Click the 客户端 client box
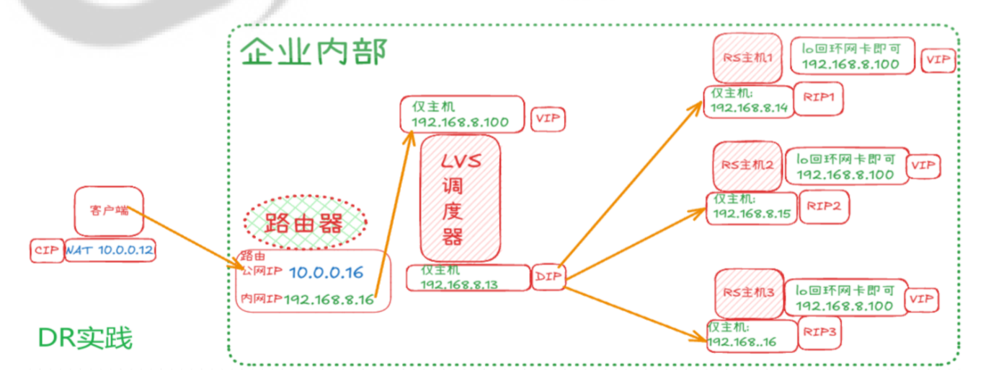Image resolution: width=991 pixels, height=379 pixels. click(x=109, y=211)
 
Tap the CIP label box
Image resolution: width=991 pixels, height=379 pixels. click(x=47, y=251)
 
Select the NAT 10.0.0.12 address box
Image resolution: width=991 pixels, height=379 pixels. click(x=110, y=251)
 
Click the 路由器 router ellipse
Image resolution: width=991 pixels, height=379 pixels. click(x=304, y=222)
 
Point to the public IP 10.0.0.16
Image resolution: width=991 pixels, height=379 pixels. click(x=326, y=272)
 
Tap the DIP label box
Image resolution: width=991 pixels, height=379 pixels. click(x=549, y=276)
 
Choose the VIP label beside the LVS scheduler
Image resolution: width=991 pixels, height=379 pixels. click(x=548, y=118)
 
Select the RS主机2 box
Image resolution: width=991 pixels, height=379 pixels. click(x=747, y=165)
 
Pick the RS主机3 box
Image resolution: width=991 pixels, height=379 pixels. click(x=748, y=292)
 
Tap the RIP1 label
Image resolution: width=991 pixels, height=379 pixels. click(x=817, y=100)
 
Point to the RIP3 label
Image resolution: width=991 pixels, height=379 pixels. click(x=819, y=333)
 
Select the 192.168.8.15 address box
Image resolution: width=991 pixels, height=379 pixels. click(x=752, y=208)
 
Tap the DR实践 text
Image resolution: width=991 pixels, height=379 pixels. click(x=85, y=337)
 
